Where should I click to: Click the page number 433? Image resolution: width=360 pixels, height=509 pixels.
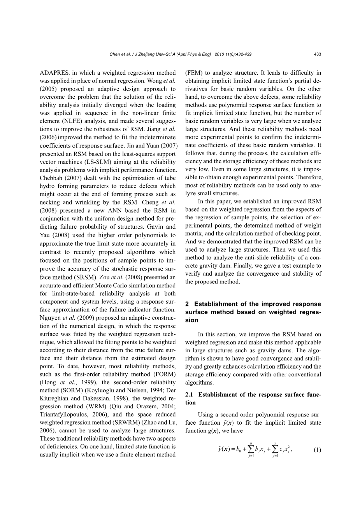(317, 54)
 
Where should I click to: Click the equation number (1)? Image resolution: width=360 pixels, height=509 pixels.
(317, 450)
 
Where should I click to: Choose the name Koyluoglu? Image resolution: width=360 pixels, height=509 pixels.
(97, 390)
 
